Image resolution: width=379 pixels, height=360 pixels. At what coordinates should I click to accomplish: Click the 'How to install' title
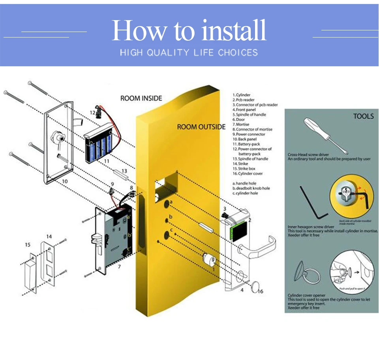[189, 30]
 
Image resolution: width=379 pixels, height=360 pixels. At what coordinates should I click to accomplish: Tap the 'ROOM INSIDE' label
[141, 98]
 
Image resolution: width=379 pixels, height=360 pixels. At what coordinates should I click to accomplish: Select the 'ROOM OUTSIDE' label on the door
[201, 127]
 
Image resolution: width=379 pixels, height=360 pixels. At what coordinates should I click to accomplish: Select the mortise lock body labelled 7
[115, 237]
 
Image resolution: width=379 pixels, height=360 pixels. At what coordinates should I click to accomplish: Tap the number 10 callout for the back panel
[65, 181]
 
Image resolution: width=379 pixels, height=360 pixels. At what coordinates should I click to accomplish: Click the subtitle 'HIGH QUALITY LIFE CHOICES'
[189, 52]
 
